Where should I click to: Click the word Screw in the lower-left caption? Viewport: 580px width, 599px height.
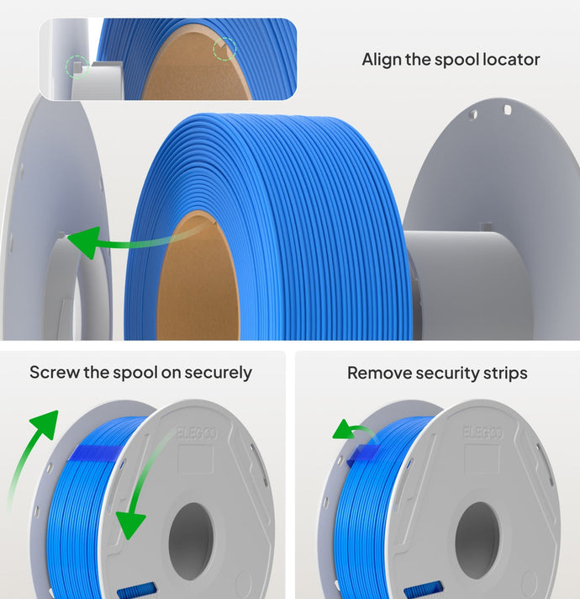point(52,372)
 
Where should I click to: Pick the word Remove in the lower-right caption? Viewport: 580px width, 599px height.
point(376,372)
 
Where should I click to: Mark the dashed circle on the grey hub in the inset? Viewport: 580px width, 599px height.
point(77,66)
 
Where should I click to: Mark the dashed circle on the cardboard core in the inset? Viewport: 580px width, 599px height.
point(224,48)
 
